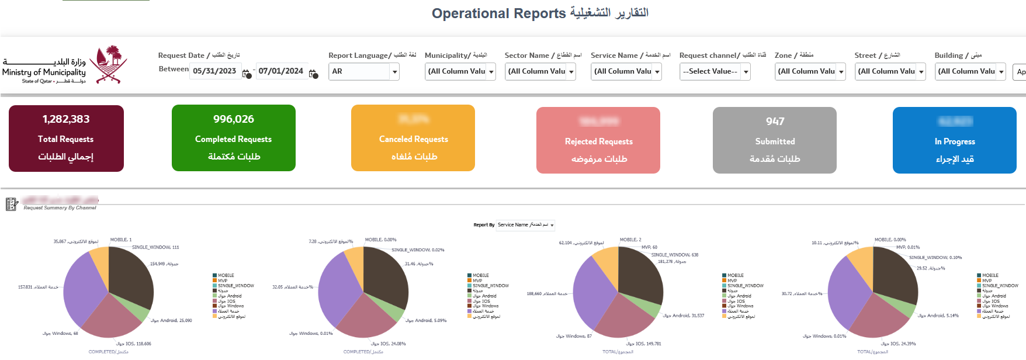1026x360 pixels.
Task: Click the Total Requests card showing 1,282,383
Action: click(x=66, y=138)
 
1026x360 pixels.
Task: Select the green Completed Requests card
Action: click(x=233, y=138)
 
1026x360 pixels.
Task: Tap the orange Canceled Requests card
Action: click(x=413, y=138)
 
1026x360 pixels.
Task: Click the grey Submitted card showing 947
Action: click(x=774, y=140)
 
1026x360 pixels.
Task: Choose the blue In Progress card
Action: click(x=954, y=140)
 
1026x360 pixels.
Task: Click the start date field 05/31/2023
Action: click(x=215, y=71)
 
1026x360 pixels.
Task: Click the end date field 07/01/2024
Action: click(x=281, y=71)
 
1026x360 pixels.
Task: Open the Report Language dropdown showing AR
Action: click(x=363, y=71)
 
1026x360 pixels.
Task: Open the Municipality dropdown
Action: click(x=460, y=71)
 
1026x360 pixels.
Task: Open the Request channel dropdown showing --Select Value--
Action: click(x=714, y=71)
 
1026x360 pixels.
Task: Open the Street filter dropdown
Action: click(x=889, y=71)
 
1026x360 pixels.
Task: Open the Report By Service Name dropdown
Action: click(x=525, y=225)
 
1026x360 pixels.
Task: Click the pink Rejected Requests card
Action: click(x=598, y=140)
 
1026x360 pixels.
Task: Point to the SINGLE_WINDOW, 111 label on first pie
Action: click(x=155, y=247)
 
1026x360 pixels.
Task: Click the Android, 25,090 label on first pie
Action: click(x=171, y=320)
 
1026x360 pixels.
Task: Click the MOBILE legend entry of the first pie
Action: click(x=226, y=275)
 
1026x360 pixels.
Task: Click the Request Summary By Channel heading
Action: click(x=60, y=208)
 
